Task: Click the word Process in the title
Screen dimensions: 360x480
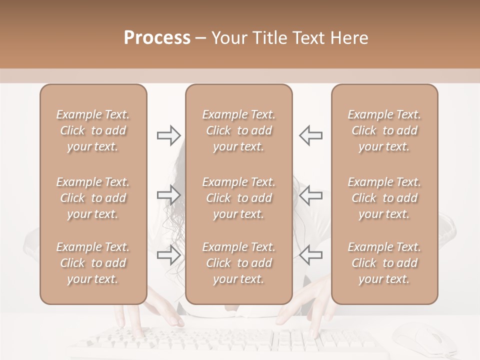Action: click(x=157, y=38)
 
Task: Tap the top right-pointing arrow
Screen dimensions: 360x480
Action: click(x=168, y=135)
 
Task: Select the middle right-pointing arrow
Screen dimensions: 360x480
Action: click(x=168, y=194)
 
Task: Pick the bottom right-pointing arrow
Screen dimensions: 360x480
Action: click(x=168, y=255)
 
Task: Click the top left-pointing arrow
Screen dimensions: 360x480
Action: click(x=311, y=135)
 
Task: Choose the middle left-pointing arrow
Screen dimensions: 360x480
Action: click(x=311, y=194)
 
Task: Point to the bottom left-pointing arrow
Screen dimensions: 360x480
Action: click(x=311, y=255)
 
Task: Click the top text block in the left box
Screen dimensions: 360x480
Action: click(x=93, y=130)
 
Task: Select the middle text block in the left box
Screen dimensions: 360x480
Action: click(x=93, y=198)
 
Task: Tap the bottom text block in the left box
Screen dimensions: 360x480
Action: click(x=93, y=263)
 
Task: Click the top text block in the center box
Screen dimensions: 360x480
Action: click(x=238, y=130)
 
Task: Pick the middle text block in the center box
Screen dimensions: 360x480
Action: click(x=238, y=198)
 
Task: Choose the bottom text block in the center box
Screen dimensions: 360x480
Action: click(x=238, y=263)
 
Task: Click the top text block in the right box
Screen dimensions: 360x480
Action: click(x=384, y=130)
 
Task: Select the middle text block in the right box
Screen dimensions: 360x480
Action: click(x=384, y=198)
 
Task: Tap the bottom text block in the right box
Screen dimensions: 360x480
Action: click(x=384, y=263)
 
